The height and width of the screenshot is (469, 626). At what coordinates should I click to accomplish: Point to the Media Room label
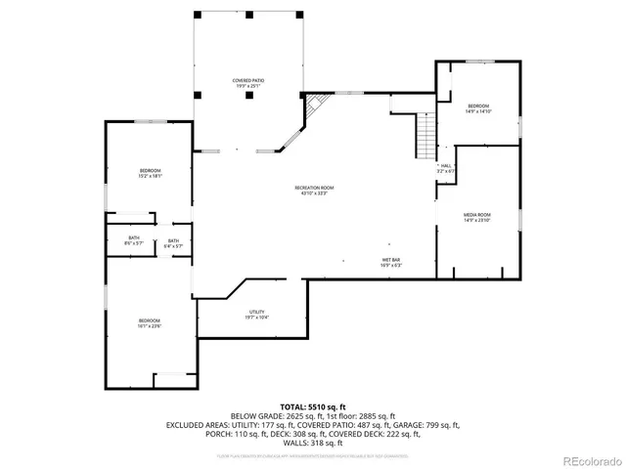point(477,217)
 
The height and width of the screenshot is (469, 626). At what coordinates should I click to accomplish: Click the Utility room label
point(256,314)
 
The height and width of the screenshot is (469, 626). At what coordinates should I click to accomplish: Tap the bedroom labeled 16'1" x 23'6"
point(149,323)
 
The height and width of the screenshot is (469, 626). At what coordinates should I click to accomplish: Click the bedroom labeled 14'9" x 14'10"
point(477,108)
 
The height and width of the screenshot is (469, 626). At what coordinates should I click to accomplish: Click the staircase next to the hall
point(425,136)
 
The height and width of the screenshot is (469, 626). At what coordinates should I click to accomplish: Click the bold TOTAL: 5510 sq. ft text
point(313,405)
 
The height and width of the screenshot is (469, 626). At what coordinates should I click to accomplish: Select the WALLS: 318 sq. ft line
point(313,444)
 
